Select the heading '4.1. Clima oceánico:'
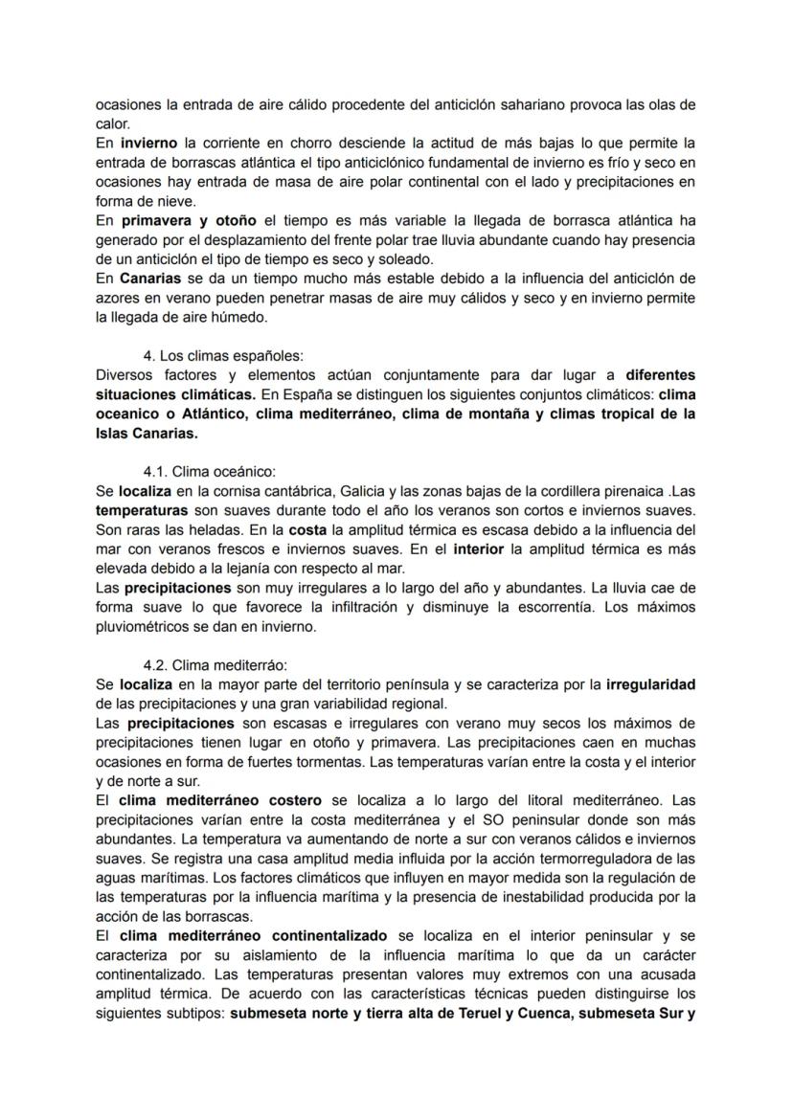(209, 471)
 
